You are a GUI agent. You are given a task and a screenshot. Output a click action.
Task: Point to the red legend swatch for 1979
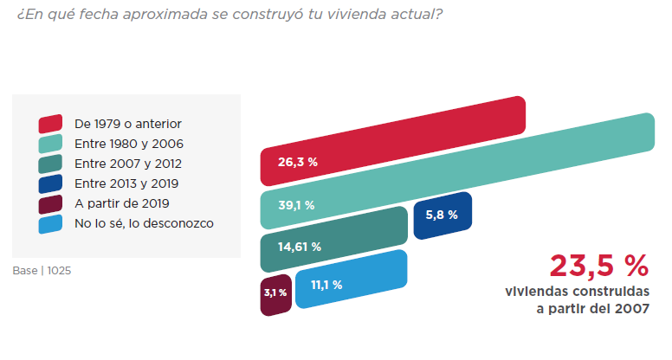(50, 124)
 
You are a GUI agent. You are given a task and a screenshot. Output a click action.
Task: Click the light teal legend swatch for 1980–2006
(50, 144)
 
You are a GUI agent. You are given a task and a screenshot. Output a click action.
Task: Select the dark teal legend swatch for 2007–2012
(50, 164)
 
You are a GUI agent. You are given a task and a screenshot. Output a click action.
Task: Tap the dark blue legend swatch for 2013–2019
(50, 183)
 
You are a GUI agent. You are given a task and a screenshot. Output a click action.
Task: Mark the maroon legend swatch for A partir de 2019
(50, 203)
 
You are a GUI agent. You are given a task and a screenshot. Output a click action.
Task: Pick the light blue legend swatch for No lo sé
(50, 223)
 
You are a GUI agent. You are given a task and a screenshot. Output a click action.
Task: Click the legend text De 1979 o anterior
(128, 124)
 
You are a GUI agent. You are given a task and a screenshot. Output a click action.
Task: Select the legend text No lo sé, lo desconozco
(144, 223)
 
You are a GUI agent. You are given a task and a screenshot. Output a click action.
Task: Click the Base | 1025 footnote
(42, 270)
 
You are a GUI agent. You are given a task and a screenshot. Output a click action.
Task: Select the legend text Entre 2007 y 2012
(128, 164)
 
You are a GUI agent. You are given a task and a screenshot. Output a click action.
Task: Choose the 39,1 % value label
(296, 206)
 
